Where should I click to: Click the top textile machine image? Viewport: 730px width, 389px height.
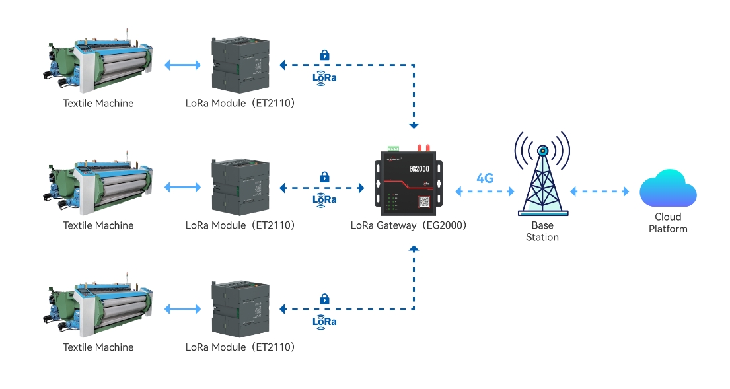pos(99,64)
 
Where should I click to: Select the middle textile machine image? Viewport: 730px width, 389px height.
pos(99,186)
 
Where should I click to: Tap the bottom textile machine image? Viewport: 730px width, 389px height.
pos(99,308)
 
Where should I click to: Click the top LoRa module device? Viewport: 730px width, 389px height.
pos(240,64)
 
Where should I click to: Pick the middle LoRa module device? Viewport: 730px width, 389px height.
pos(240,186)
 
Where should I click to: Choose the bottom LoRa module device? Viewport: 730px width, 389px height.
pos(240,308)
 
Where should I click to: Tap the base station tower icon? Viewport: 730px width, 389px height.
pos(542,174)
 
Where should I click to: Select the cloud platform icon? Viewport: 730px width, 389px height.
pos(668,189)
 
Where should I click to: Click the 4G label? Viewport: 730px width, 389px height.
pos(485,178)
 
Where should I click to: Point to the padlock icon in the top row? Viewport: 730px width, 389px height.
pos(324,55)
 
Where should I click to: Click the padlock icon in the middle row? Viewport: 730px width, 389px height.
pos(324,177)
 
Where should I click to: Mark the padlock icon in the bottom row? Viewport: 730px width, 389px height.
pos(324,299)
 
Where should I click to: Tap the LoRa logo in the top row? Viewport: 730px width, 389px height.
pos(324,77)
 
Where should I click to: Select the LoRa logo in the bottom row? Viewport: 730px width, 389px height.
pos(324,322)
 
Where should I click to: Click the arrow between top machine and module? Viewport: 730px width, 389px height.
pos(182,65)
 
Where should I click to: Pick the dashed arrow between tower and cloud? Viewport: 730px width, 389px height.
pos(600,192)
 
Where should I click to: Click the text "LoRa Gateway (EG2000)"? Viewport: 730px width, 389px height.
pos(409,225)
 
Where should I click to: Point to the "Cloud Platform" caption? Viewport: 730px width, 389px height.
pos(668,223)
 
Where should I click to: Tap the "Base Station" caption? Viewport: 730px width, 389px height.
pos(542,231)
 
